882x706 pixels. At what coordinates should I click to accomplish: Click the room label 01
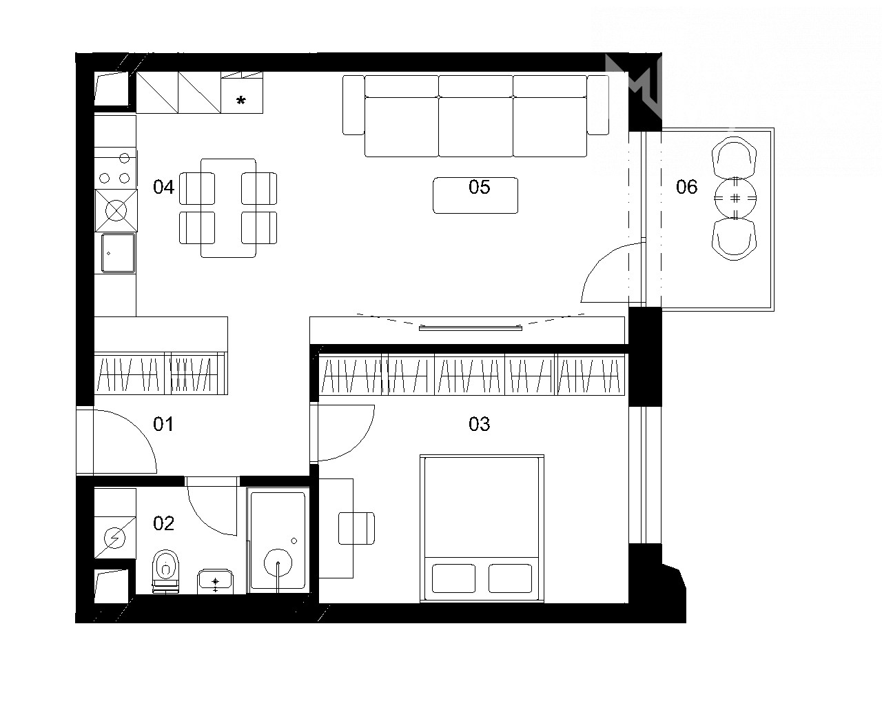163,424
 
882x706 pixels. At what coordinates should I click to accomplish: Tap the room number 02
163,523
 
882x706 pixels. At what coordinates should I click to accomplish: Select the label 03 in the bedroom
479,424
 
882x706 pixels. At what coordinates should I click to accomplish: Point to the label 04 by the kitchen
163,187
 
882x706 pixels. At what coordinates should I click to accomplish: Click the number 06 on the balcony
686,187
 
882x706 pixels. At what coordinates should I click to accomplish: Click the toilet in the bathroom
166,571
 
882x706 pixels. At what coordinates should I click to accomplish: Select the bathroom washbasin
215,581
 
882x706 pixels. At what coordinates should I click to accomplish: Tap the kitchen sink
118,253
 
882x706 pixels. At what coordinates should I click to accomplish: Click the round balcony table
735,199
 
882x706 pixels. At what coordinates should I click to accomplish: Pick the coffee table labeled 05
475,195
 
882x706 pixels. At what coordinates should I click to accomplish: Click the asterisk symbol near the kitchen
241,101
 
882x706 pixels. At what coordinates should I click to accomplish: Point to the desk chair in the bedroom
356,528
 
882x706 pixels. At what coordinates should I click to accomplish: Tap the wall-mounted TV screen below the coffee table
471,328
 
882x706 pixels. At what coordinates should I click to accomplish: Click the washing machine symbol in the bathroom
115,537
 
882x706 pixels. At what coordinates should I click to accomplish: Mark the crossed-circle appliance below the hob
116,210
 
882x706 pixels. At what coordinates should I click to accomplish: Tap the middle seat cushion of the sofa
475,126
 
